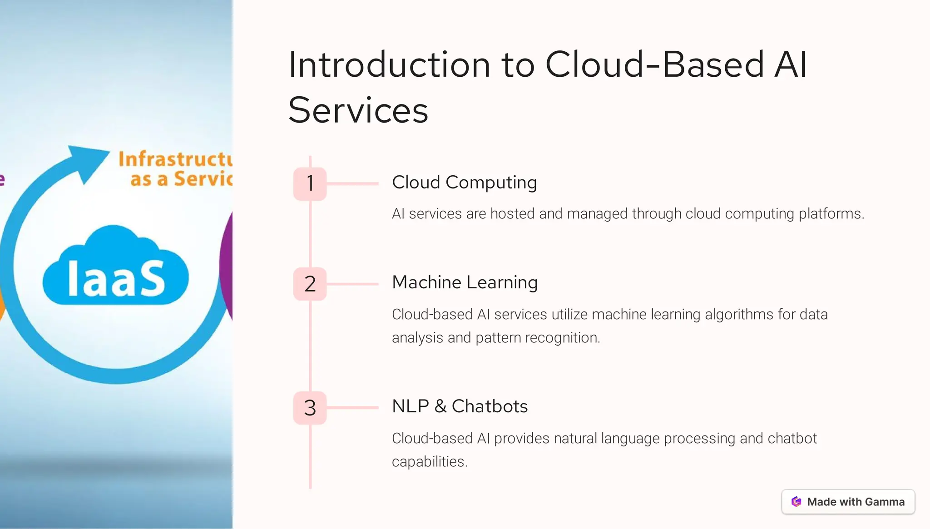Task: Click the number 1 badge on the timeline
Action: click(x=310, y=184)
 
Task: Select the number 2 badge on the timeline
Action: click(x=310, y=284)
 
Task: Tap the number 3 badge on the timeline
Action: click(x=310, y=408)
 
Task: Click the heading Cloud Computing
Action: click(x=464, y=183)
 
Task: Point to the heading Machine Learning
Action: click(x=465, y=282)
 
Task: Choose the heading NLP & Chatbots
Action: click(x=460, y=406)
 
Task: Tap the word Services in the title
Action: click(x=358, y=110)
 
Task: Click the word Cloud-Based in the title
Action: click(x=654, y=65)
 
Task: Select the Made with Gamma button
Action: click(x=848, y=502)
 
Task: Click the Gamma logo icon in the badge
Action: click(x=796, y=502)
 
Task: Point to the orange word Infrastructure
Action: click(x=175, y=159)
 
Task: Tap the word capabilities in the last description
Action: click(x=429, y=462)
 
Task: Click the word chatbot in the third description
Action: click(x=792, y=439)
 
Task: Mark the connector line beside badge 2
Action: click(x=352, y=284)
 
